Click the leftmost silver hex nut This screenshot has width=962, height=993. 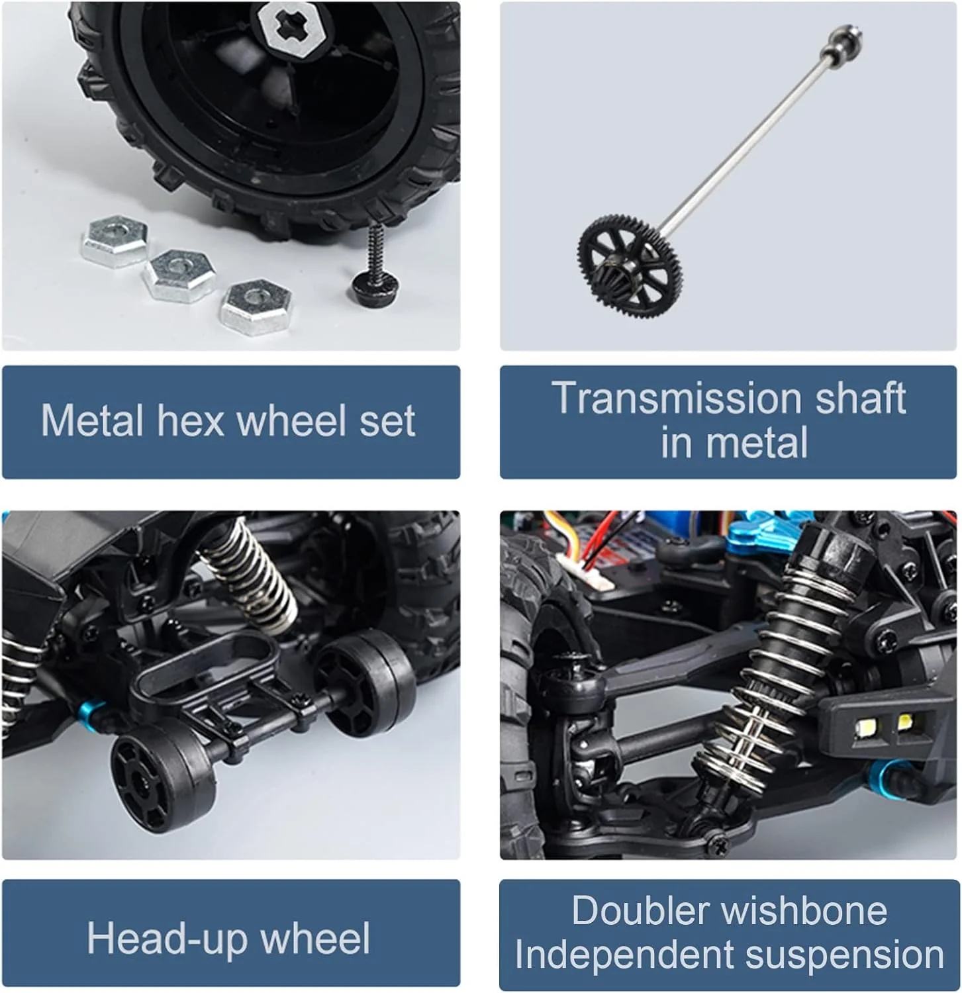click(115, 240)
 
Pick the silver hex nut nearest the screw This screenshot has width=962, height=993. click(256, 307)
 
